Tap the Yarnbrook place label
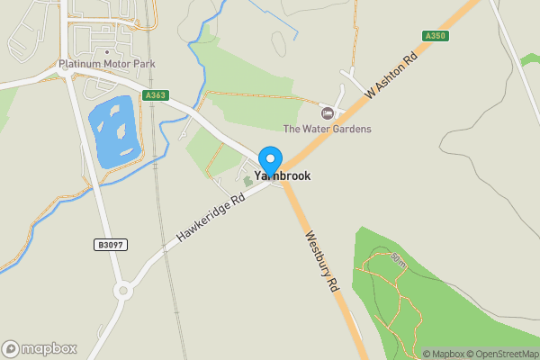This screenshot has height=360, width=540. pyautogui.click(x=283, y=176)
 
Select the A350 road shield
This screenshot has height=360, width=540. pyautogui.click(x=435, y=36)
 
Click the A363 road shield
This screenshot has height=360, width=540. pyautogui.click(x=155, y=94)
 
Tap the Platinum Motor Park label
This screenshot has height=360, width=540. pyautogui.click(x=106, y=64)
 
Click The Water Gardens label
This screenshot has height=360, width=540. pyautogui.click(x=327, y=129)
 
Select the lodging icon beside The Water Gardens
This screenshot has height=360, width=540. pyautogui.click(x=327, y=112)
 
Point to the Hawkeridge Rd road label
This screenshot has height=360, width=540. pyautogui.click(x=211, y=219)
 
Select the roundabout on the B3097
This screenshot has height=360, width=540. pyautogui.click(x=121, y=291)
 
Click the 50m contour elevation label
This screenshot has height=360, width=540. pyautogui.click(x=398, y=260)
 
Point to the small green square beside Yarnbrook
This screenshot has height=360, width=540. pyautogui.click(x=248, y=181)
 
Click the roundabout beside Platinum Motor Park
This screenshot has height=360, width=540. pyautogui.click(x=69, y=75)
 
